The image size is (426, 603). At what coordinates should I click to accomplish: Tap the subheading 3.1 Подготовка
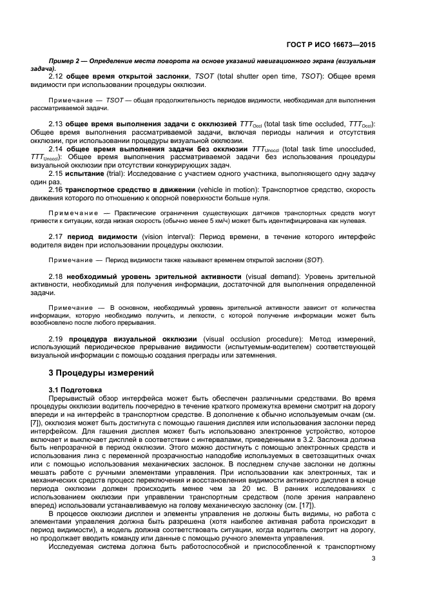[x=79, y=390]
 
